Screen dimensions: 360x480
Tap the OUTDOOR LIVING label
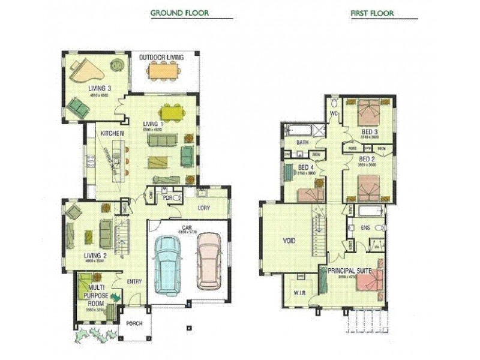(161, 58)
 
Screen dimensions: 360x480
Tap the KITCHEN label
(112, 133)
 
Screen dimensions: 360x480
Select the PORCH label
(134, 323)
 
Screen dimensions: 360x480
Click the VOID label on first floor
(289, 241)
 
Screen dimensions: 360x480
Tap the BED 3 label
(369, 131)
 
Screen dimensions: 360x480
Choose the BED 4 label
(306, 167)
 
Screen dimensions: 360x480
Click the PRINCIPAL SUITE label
(350, 271)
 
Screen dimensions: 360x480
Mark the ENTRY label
(134, 282)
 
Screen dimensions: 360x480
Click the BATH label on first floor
(303, 143)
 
